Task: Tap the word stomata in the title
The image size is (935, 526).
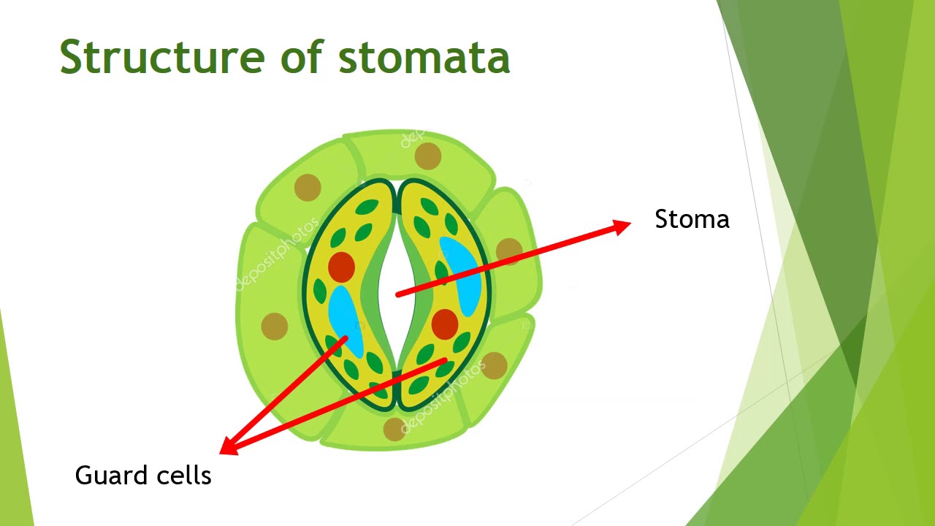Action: coord(424,56)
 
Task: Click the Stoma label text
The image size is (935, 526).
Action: coord(692,219)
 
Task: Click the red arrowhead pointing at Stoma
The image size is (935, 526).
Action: coord(621,226)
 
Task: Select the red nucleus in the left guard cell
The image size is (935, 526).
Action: coord(341,267)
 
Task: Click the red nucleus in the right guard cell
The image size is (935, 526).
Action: coord(445,324)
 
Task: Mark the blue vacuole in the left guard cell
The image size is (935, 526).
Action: coord(346,321)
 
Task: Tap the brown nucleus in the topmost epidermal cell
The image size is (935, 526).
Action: coord(428,156)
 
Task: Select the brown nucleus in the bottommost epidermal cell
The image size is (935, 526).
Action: coord(394,429)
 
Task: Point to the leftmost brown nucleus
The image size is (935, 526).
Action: coord(275,326)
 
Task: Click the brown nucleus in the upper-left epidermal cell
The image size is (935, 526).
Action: coord(308,188)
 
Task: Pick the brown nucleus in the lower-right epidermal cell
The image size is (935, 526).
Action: coord(495,365)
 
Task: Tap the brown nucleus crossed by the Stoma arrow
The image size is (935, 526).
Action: coord(509,251)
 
